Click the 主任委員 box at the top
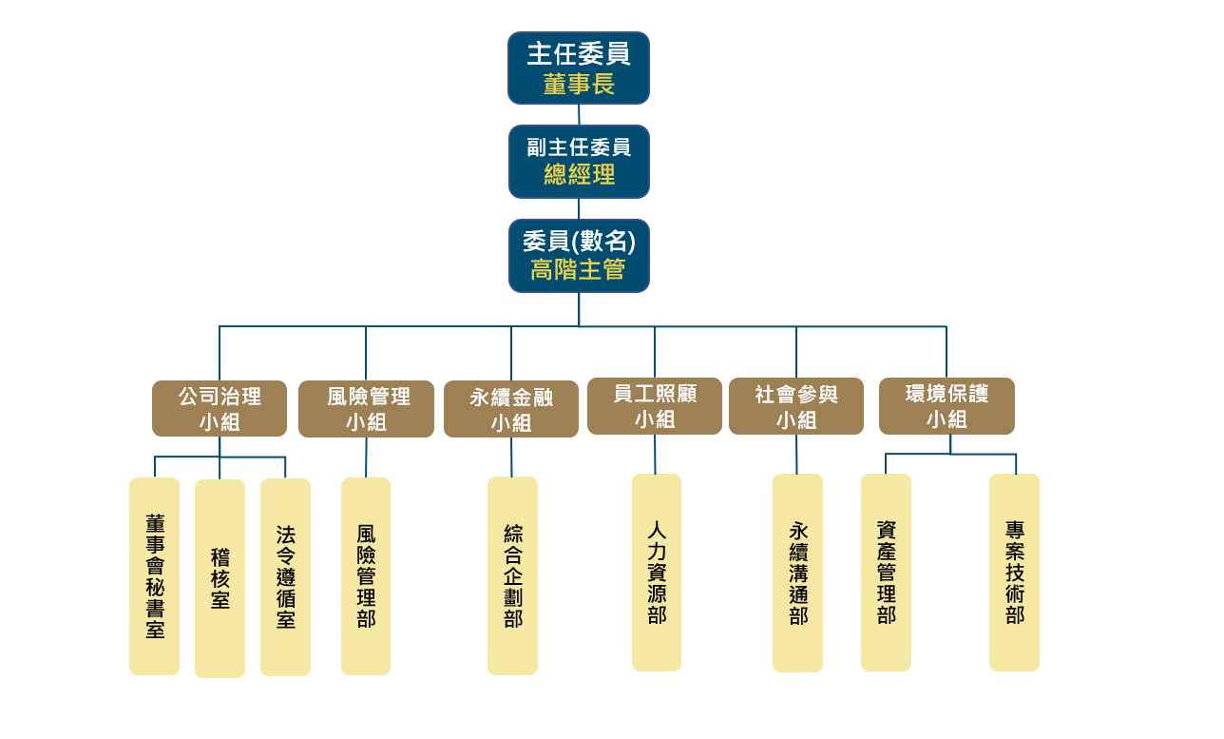pyautogui.click(x=578, y=68)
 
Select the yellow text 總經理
pyautogui.click(x=579, y=175)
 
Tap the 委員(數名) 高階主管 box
pyautogui.click(x=579, y=256)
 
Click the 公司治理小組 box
pyautogui.click(x=220, y=408)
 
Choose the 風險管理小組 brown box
pyautogui.click(x=366, y=409)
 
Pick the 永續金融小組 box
pyautogui.click(x=511, y=409)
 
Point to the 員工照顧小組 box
pyautogui.click(x=655, y=406)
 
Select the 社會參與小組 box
pyautogui.click(x=796, y=406)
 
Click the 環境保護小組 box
pyautogui.click(x=947, y=406)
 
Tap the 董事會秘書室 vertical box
pyautogui.click(x=154, y=576)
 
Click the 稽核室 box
pyautogui.click(x=220, y=578)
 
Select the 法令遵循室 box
pyautogui.click(x=285, y=577)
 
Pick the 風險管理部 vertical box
pyautogui.click(x=366, y=576)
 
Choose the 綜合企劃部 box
pyautogui.click(x=512, y=576)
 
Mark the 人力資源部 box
pyautogui.click(x=657, y=573)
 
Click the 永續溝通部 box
pyautogui.click(x=797, y=574)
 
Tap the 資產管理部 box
pyautogui.click(x=886, y=573)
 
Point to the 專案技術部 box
pyautogui.click(x=1014, y=573)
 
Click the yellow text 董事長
pyautogui.click(x=579, y=85)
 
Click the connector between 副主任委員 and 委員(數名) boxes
pyautogui.click(x=579, y=208)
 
